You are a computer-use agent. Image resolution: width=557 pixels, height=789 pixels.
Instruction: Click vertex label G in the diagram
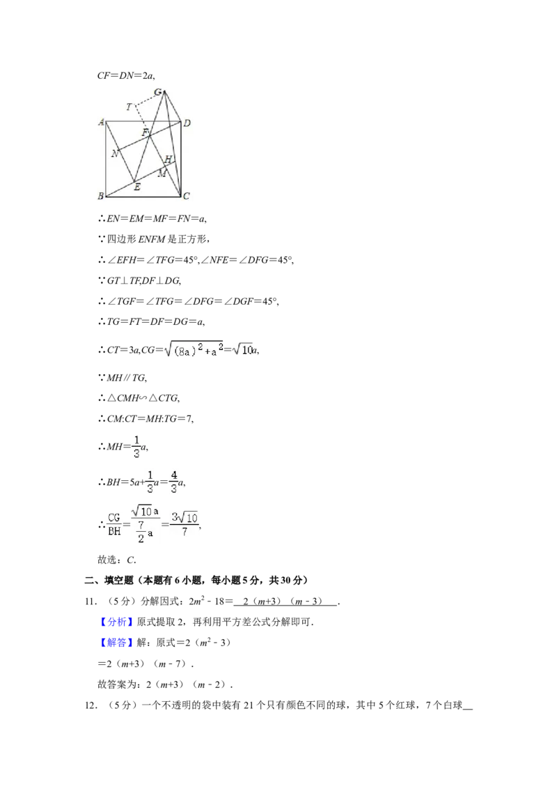pyautogui.click(x=158, y=92)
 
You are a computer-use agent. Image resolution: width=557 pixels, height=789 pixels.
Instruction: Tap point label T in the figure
pyautogui.click(x=130, y=107)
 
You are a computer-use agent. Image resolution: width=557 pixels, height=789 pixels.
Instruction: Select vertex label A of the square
pyautogui.click(x=101, y=122)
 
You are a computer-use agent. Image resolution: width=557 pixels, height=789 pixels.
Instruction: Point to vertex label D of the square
pyautogui.click(x=187, y=123)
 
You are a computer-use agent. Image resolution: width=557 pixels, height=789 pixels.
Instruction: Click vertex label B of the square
pyautogui.click(x=100, y=196)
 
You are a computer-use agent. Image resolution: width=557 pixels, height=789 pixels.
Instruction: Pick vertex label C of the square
pyautogui.click(x=187, y=196)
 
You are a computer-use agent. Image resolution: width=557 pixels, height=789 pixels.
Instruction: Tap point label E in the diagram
pyautogui.click(x=137, y=187)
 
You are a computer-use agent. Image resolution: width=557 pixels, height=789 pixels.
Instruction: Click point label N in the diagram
pyautogui.click(x=115, y=153)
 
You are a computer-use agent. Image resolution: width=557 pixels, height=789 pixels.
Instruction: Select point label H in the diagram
pyautogui.click(x=168, y=159)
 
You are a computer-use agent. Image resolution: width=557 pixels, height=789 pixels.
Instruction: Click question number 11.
pyautogui.click(x=91, y=602)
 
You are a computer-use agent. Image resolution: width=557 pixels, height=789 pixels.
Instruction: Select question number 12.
pyautogui.click(x=91, y=705)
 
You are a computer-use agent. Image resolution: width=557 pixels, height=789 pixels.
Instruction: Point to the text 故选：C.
pyautogui.click(x=117, y=560)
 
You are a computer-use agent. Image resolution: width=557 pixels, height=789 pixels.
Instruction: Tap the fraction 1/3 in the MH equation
pyautogui.click(x=136, y=447)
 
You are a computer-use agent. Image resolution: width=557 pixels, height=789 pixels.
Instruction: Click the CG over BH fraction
pyautogui.click(x=114, y=524)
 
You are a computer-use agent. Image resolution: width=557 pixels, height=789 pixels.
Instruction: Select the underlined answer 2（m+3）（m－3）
pyautogui.click(x=285, y=602)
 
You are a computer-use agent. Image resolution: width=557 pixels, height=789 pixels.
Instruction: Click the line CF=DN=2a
pyautogui.click(x=126, y=76)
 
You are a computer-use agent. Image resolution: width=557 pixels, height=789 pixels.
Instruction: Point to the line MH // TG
pyautogui.click(x=122, y=378)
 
